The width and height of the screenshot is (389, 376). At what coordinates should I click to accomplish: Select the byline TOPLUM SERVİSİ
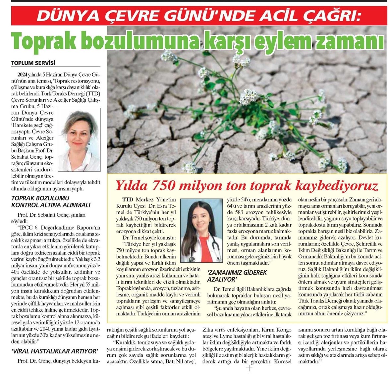(33, 63)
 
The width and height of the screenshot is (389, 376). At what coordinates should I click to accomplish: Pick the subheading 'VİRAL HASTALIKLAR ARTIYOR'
(55, 351)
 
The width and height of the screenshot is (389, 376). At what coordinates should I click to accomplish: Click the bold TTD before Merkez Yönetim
(127, 200)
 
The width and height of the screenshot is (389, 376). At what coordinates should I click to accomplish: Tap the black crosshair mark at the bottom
(249, 368)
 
